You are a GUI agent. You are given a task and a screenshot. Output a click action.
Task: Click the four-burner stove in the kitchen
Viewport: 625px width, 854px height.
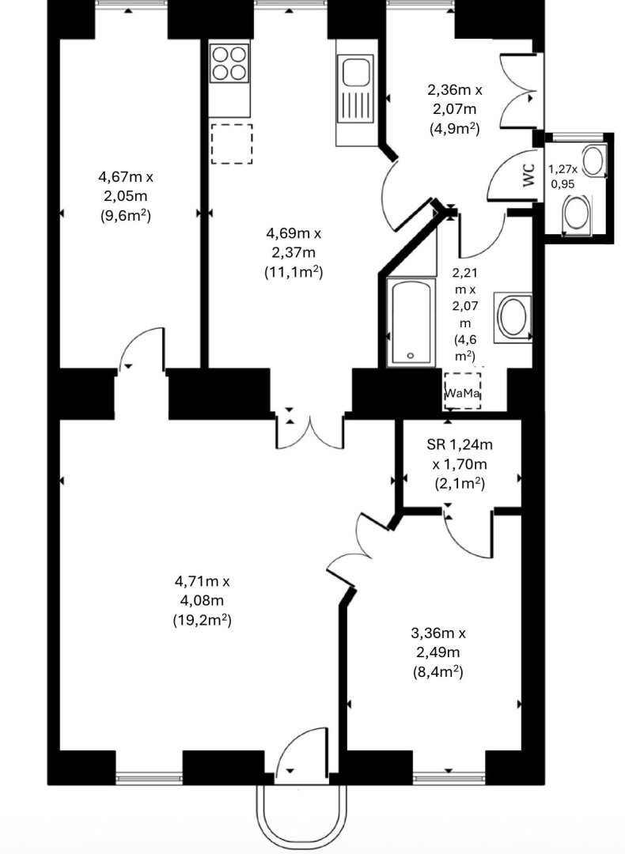point(229,63)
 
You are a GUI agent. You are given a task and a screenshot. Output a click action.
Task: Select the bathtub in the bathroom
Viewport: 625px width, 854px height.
point(411,322)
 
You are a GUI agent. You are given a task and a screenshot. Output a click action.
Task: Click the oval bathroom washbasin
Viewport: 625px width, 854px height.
point(513,318)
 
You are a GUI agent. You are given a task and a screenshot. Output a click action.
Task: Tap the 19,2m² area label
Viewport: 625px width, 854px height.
point(203,620)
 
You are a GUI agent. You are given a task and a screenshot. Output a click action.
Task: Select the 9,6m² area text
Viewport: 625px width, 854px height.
point(125,216)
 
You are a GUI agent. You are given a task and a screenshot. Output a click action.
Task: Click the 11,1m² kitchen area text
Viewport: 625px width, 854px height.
point(294,272)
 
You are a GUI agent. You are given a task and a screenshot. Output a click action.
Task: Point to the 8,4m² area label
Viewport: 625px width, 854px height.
point(438,672)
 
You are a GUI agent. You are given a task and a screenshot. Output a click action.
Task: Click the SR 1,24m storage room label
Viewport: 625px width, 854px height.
point(460,445)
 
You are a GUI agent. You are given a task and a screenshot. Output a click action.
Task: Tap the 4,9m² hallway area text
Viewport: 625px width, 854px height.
point(454,129)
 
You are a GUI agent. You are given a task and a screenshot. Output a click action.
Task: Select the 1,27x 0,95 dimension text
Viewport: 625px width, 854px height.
point(562,177)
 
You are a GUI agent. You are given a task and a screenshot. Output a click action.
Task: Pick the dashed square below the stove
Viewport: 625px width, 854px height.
point(232,144)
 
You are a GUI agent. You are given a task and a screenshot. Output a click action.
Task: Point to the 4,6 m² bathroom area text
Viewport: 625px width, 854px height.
point(466,348)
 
